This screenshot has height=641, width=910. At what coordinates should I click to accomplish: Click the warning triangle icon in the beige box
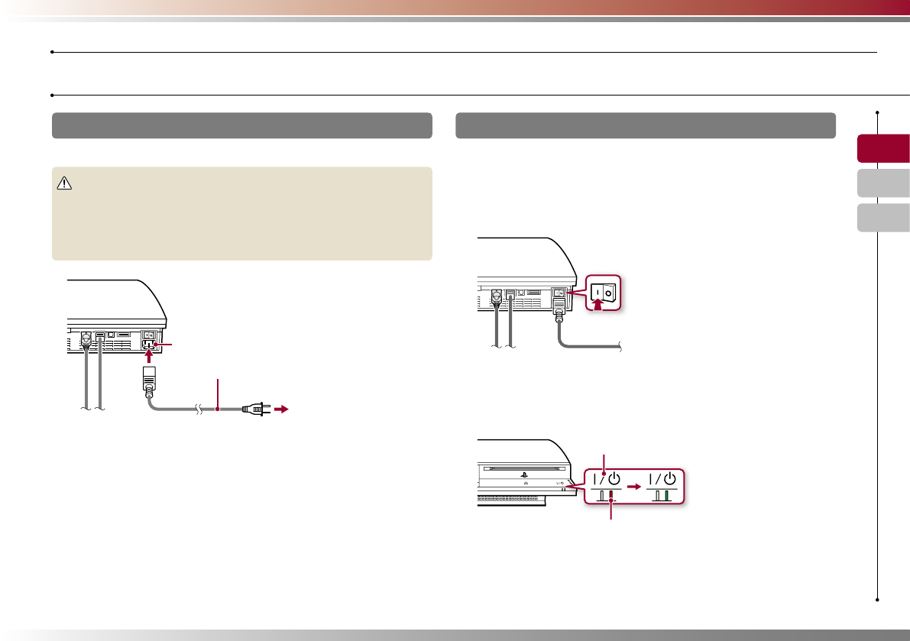pyautogui.click(x=64, y=183)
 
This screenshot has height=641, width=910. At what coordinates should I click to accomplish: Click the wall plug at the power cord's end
pyautogui.click(x=254, y=410)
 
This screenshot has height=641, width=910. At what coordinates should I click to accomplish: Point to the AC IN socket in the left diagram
pyautogui.click(x=150, y=344)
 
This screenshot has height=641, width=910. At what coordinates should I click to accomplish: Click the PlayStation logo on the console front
pyautogui.click(x=524, y=473)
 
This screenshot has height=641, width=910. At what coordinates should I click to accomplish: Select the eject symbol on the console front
pyautogui.click(x=526, y=484)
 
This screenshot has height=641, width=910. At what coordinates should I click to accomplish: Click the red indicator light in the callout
pyautogui.click(x=610, y=495)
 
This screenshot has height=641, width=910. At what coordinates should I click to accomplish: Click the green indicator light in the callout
pyautogui.click(x=666, y=495)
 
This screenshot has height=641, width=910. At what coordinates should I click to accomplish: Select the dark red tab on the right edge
pyautogui.click(x=882, y=148)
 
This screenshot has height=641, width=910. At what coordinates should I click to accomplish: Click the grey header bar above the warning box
pyautogui.click(x=242, y=125)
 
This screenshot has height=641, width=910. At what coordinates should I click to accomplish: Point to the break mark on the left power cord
pyautogui.click(x=198, y=410)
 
